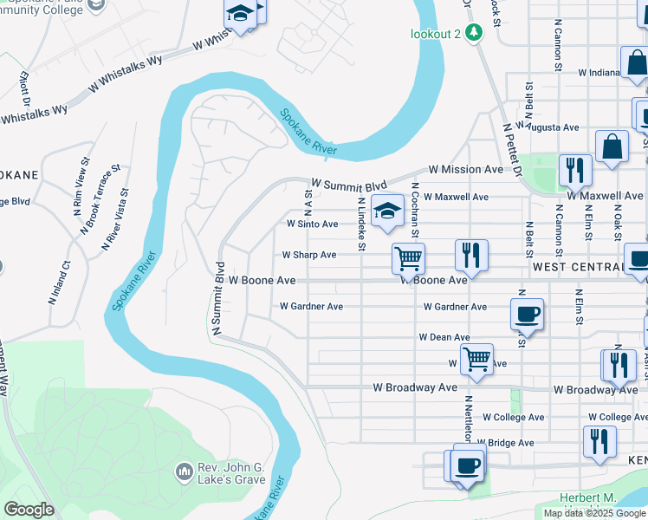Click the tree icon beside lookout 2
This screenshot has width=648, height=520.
pos(473,34)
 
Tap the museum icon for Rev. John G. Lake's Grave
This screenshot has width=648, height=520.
pos(184,471)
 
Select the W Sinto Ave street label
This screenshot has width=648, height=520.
pos(313,224)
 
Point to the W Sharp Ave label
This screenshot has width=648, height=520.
pos(309,255)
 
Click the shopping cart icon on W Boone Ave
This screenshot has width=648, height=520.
pos(407,257)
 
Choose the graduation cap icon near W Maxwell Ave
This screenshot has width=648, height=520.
pos(387,210)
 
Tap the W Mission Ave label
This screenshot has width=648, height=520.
pos(465,170)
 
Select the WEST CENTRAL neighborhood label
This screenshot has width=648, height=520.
pos(578,267)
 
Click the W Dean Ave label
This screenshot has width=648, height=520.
pos(444,336)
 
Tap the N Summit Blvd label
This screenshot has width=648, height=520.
pos(217,297)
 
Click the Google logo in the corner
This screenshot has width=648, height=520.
pos(29,509)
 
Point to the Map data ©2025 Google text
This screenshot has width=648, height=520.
pos(594,513)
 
